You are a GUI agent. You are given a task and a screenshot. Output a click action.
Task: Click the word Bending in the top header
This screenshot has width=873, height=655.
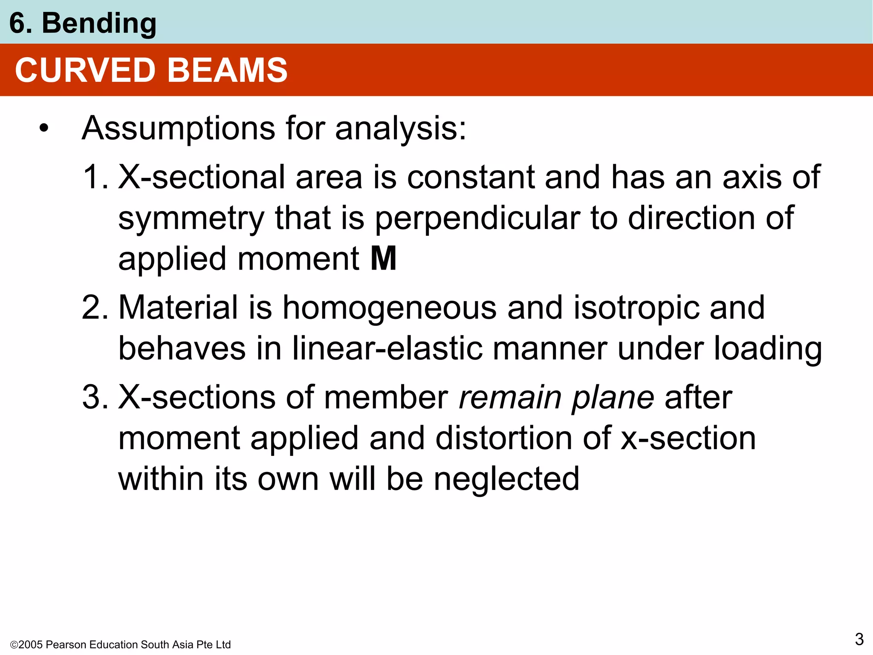(x=99, y=24)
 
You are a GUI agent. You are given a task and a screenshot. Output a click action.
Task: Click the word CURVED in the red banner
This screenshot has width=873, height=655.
(x=85, y=70)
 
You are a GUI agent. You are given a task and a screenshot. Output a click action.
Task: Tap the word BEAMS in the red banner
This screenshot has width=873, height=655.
(x=228, y=70)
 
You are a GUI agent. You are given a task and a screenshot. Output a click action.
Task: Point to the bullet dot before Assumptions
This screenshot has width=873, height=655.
(x=43, y=128)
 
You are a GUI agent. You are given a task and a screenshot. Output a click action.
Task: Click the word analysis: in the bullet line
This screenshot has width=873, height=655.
(x=401, y=128)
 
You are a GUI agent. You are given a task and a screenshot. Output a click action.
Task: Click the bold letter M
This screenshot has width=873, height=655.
(x=384, y=259)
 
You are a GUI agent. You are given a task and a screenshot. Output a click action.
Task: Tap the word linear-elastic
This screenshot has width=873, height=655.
(x=388, y=348)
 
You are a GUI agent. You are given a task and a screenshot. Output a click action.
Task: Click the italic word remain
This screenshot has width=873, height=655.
(x=509, y=397)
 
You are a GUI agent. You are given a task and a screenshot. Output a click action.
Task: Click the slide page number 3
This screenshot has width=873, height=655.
(x=859, y=639)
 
